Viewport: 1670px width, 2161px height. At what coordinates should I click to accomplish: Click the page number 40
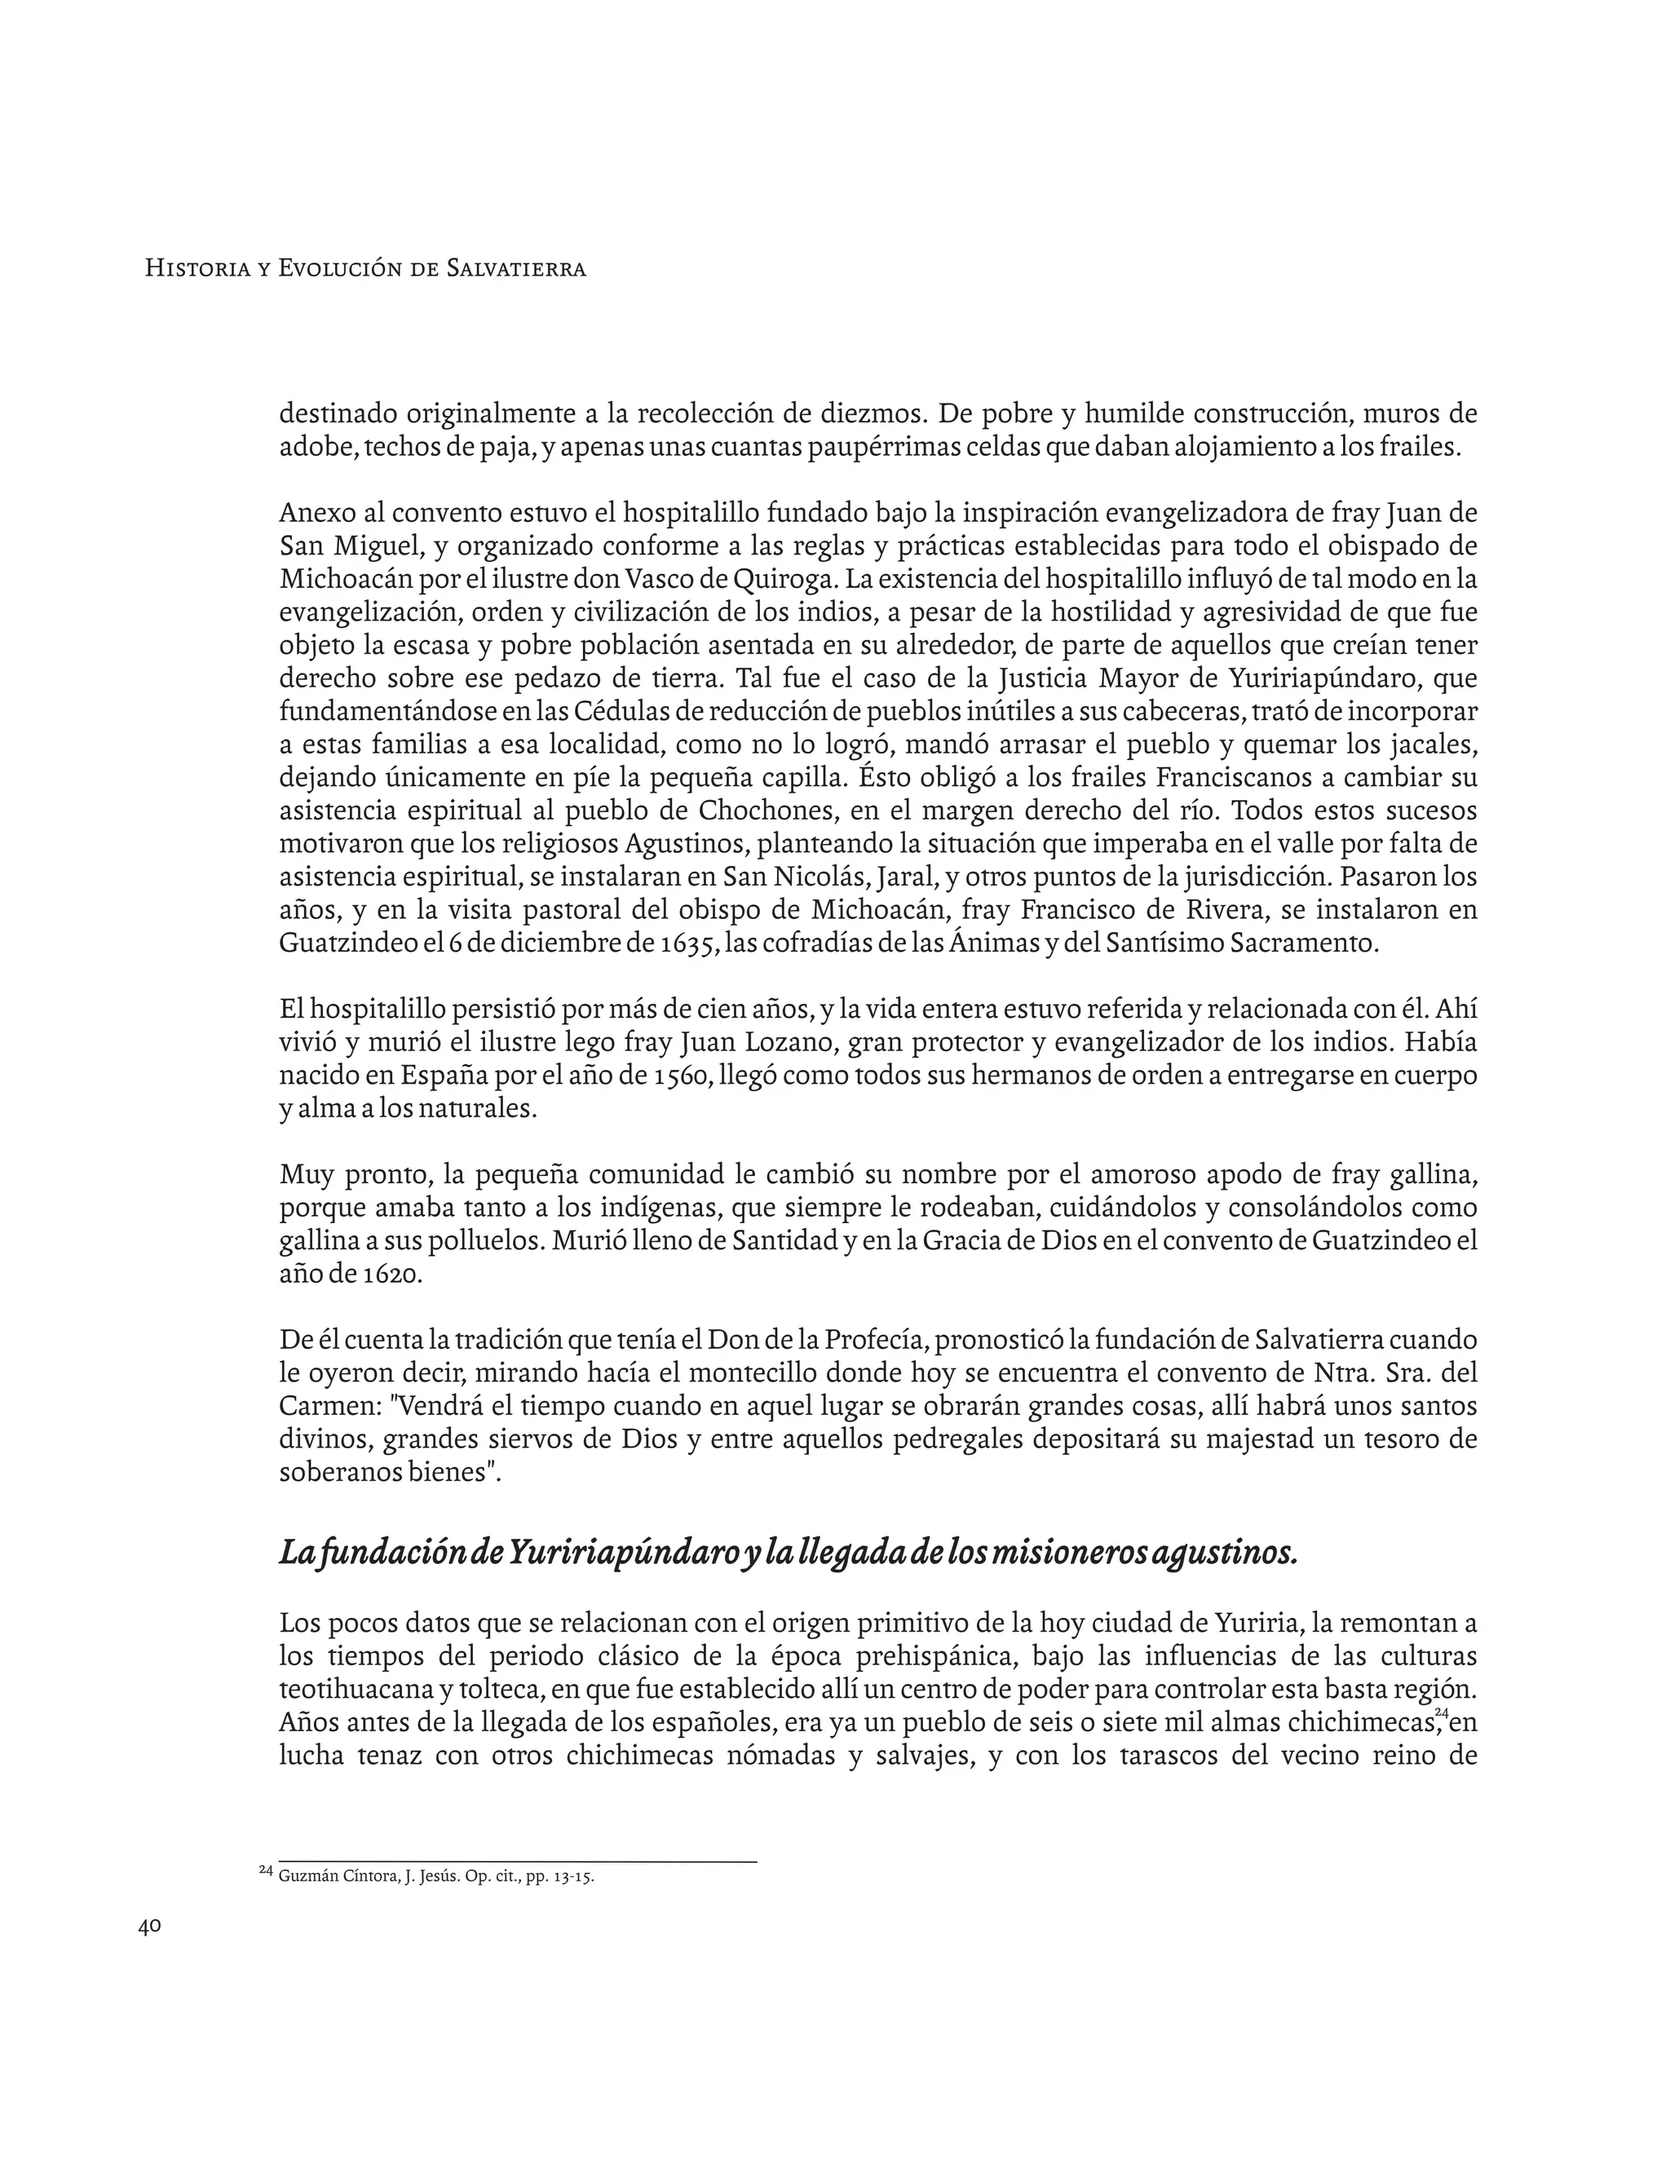pyautogui.click(x=149, y=1926)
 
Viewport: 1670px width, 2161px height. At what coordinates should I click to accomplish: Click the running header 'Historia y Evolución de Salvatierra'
pyautogui.click(x=365, y=268)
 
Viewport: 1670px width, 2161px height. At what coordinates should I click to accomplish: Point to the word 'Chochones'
pyautogui.click(x=755, y=811)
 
